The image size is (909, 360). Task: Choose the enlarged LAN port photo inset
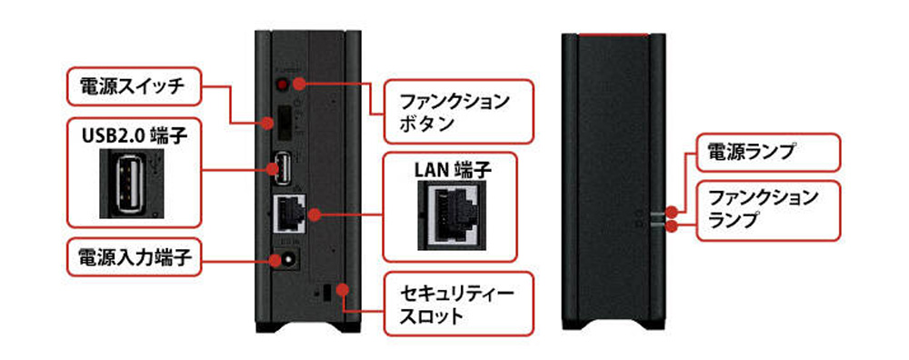pos(449,216)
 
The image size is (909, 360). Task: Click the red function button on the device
pos(282,85)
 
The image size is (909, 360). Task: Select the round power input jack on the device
pos(285,260)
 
